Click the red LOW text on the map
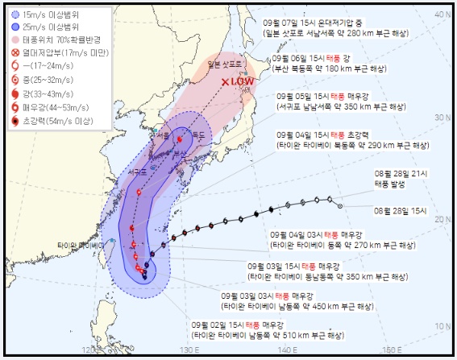click(243, 81)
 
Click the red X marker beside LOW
click(226, 81)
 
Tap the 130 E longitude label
click(189, 350)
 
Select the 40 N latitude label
click(442, 14)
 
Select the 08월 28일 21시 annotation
click(398, 174)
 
